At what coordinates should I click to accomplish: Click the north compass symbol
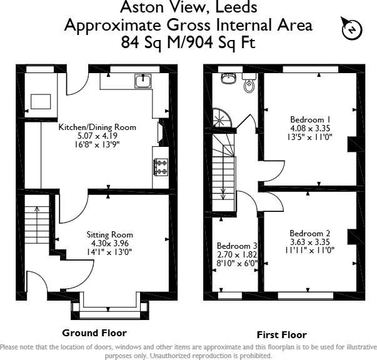click(x=352, y=29)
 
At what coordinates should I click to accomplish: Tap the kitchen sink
click(x=143, y=81)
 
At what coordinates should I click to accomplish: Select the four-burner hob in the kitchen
click(x=161, y=167)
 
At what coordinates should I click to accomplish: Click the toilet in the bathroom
click(x=249, y=83)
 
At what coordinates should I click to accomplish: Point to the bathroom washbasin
click(x=228, y=78)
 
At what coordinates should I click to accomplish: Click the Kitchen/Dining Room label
click(x=98, y=127)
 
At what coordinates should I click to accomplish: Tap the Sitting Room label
click(x=109, y=234)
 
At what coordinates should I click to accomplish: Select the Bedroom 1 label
click(x=310, y=119)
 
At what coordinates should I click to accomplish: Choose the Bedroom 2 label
click(x=309, y=233)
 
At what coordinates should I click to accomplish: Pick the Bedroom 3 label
click(x=237, y=246)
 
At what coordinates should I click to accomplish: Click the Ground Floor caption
click(x=94, y=333)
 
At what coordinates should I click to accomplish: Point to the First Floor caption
click(x=281, y=335)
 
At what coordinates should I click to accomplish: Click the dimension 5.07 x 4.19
click(x=98, y=136)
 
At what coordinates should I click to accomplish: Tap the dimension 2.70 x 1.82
click(x=237, y=254)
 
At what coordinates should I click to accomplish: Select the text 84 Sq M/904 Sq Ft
click(x=188, y=42)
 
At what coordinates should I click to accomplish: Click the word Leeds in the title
click(x=236, y=7)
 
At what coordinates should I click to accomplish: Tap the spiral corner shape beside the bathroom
click(x=223, y=118)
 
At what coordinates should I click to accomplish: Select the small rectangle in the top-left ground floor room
click(x=41, y=102)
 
